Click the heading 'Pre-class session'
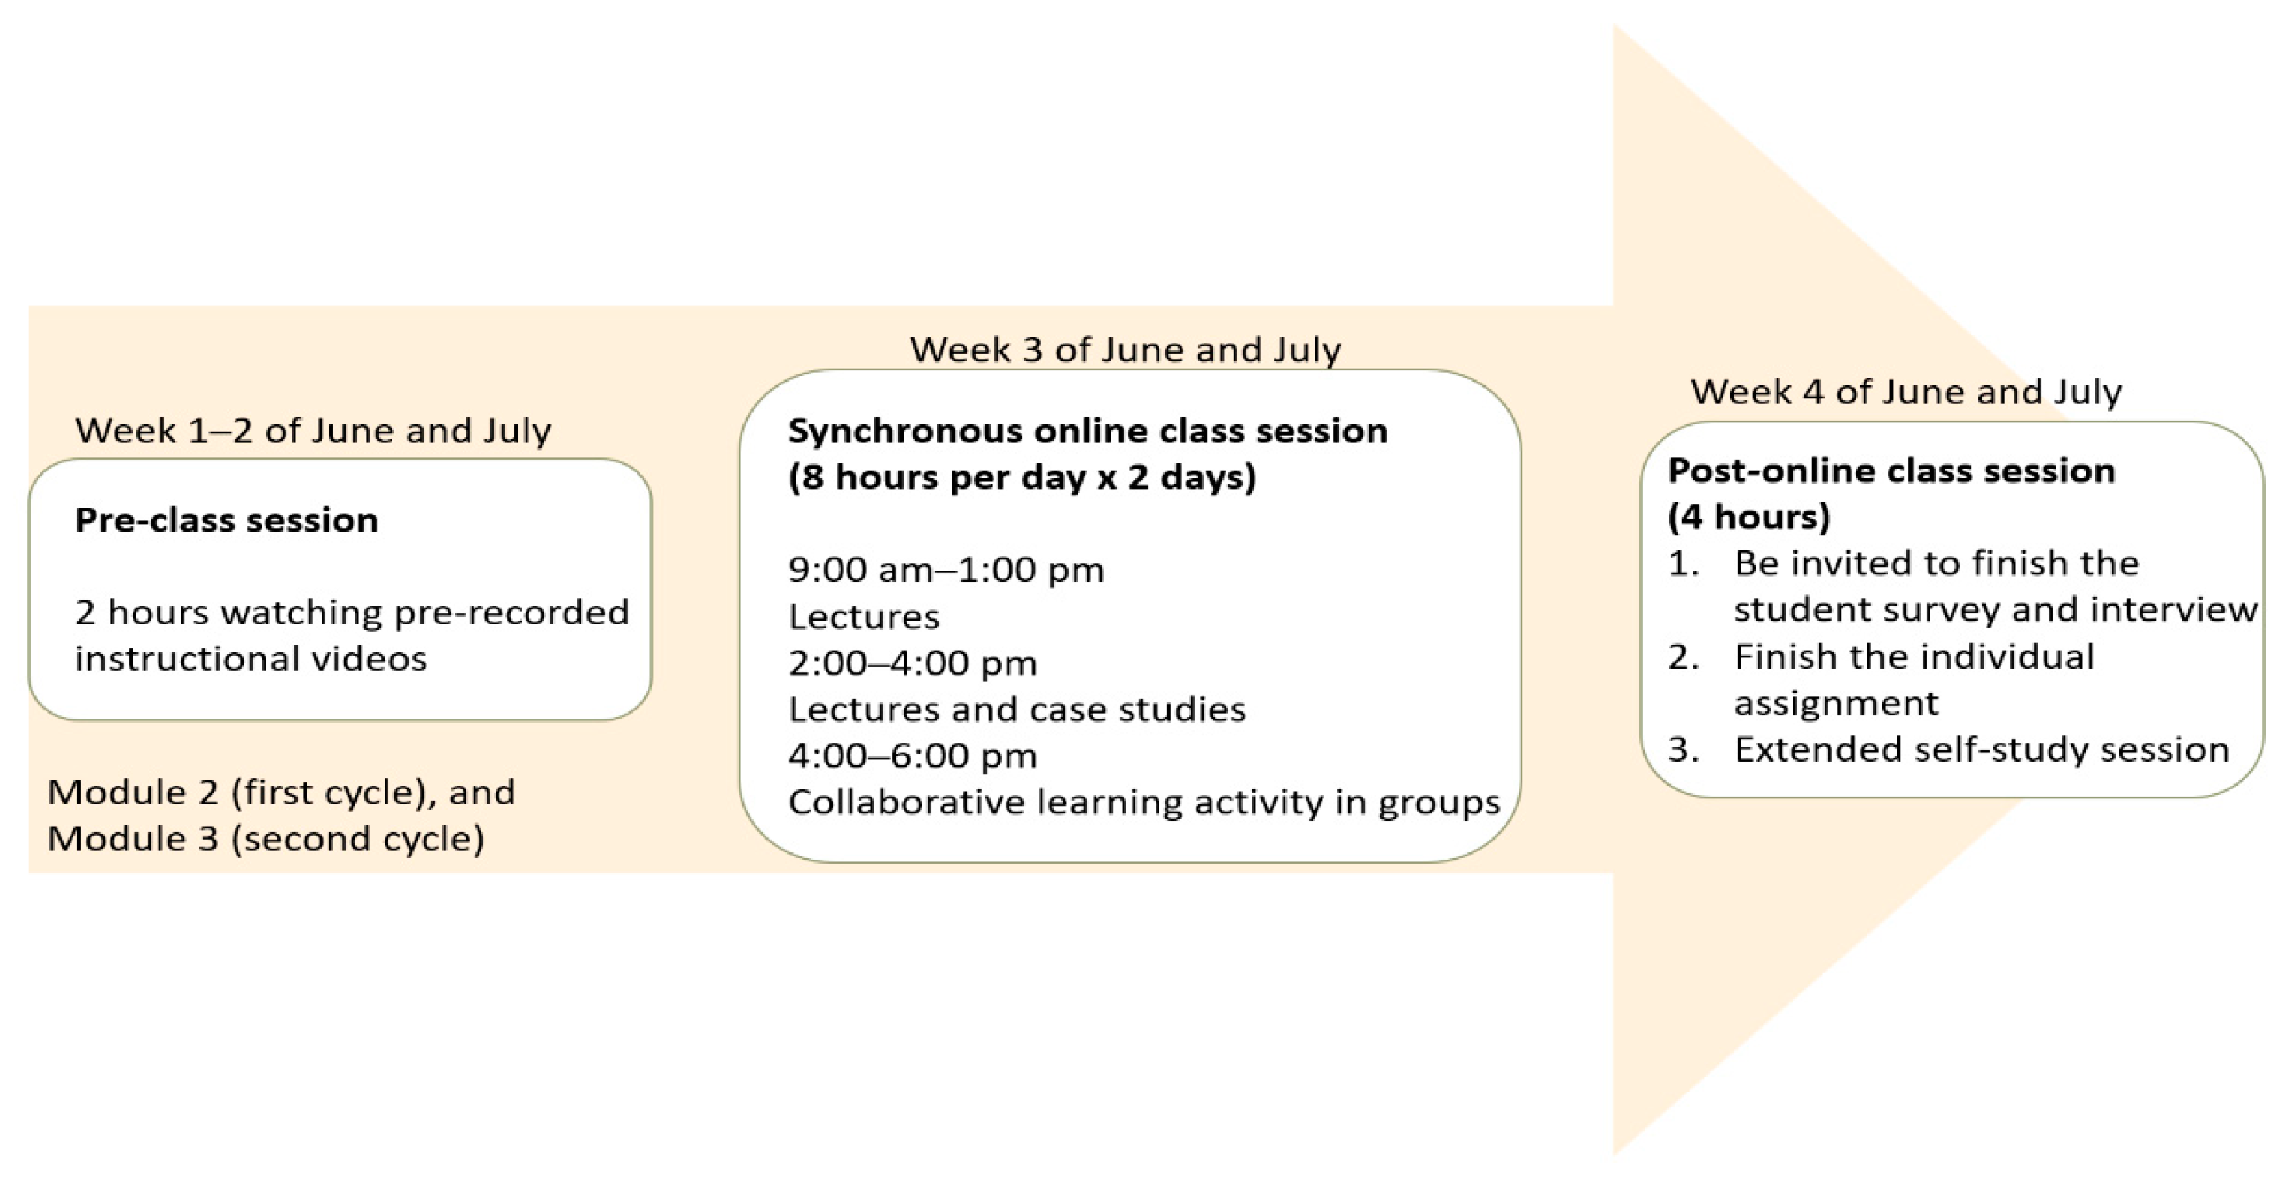click(x=226, y=520)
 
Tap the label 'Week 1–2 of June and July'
click(x=313, y=431)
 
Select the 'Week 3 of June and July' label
click(x=1125, y=349)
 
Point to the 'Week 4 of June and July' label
click(x=1906, y=392)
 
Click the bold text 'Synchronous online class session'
click(x=1087, y=431)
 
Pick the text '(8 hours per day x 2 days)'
click(x=1022, y=478)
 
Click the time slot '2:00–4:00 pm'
click(x=912, y=663)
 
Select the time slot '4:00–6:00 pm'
click(x=912, y=756)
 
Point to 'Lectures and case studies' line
click(x=1017, y=709)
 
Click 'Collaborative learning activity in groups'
click(x=1144, y=803)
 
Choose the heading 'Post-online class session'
click(x=1891, y=471)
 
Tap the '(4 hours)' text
click(x=1748, y=517)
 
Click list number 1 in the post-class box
click(x=1683, y=564)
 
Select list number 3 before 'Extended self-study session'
click(x=1683, y=750)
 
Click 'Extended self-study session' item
click(x=1981, y=750)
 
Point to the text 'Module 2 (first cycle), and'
click(x=281, y=792)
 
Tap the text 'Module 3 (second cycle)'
click(x=266, y=839)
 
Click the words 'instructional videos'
click(x=251, y=659)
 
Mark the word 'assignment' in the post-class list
click(x=1836, y=704)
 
